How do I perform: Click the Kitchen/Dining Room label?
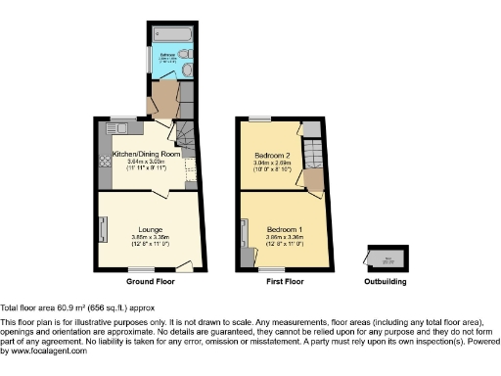coord(147,156)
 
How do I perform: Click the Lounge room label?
coord(149,229)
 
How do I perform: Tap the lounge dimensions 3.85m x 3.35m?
coord(149,237)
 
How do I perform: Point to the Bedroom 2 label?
coord(271,156)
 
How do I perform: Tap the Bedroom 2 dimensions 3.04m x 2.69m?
coord(271,164)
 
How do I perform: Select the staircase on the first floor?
coord(312,157)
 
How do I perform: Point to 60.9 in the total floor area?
coord(68,306)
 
